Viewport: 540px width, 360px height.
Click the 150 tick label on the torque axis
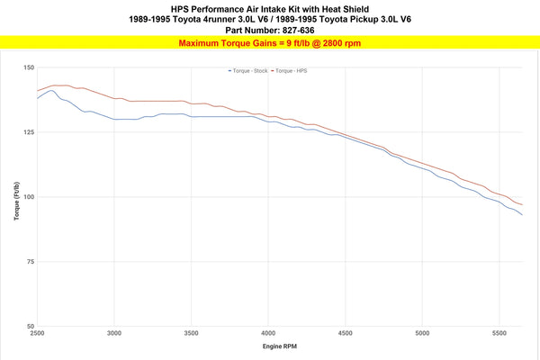pos(28,67)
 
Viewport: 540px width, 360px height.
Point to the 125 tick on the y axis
pos(28,132)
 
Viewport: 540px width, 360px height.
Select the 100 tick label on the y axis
pos(28,197)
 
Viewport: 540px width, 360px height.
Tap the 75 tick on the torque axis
pos(30,262)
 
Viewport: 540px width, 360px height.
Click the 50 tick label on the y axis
pos(30,327)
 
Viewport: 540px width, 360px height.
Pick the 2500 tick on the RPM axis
pos(37,333)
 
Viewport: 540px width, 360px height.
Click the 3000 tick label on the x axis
pos(114,333)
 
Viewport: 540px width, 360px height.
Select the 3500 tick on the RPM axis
pos(191,333)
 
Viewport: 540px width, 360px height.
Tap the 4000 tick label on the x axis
pos(268,333)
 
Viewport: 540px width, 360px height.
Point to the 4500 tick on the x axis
pos(346,333)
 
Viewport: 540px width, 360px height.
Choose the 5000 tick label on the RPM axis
pos(422,333)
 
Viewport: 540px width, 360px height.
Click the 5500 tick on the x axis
pos(499,333)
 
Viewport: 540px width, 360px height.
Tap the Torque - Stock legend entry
pos(253,69)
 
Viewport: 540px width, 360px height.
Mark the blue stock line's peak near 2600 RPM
pos(51,90)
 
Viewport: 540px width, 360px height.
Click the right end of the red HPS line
pos(522,205)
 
